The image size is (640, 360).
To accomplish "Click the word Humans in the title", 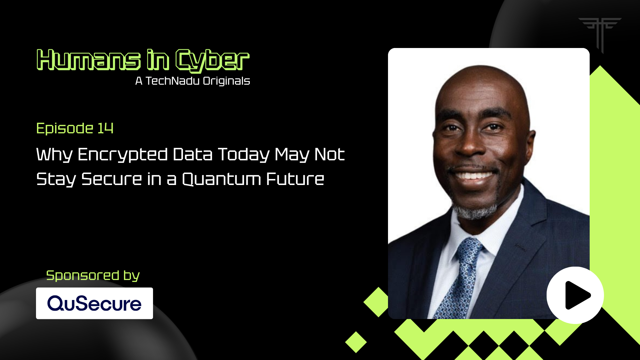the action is [89, 60].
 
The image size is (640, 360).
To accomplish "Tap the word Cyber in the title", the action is [212, 61].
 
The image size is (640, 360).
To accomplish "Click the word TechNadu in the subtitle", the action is [173, 81].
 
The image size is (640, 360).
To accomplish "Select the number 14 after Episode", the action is [105, 128].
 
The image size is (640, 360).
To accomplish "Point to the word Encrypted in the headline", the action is [122, 155].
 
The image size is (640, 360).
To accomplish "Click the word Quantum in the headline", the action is [222, 179].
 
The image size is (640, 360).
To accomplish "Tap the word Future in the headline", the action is [295, 179].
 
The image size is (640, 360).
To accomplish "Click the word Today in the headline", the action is [244, 155].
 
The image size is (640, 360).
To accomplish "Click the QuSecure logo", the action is [94, 303].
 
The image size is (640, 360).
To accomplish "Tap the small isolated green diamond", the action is [356, 342].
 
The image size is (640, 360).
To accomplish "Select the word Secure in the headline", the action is [112, 179].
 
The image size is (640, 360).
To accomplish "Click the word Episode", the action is [65, 129].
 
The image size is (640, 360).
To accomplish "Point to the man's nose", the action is [471, 143].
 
